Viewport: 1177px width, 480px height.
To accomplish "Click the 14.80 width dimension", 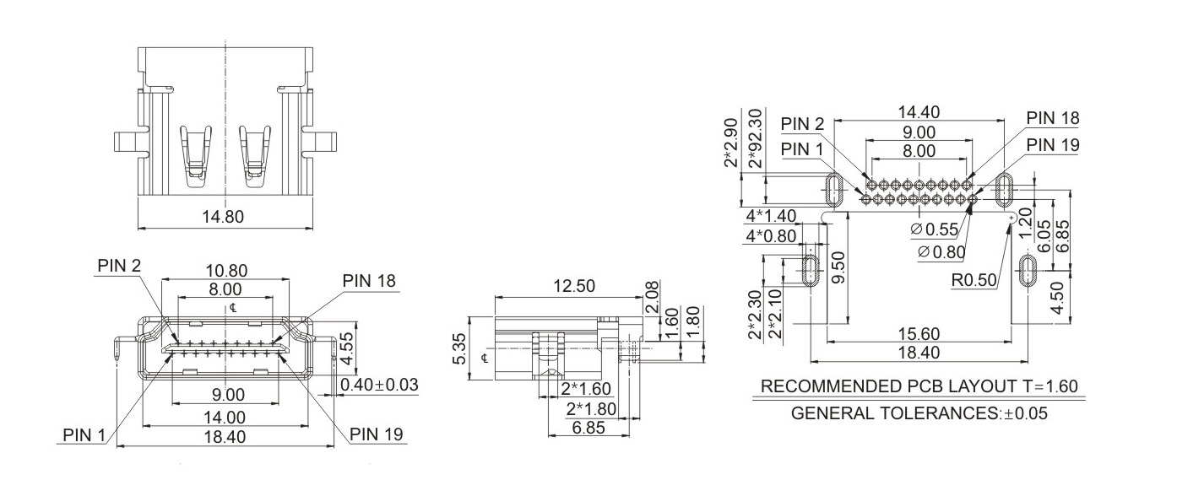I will click(223, 217).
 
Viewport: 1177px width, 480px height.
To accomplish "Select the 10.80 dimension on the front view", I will click(227, 271).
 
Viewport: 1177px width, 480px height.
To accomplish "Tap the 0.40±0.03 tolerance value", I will click(379, 385).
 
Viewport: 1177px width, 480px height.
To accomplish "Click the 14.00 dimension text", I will click(225, 417).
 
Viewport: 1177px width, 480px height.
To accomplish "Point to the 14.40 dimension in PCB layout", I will click(919, 112).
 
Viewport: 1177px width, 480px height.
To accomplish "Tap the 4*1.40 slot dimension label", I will click(772, 217).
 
